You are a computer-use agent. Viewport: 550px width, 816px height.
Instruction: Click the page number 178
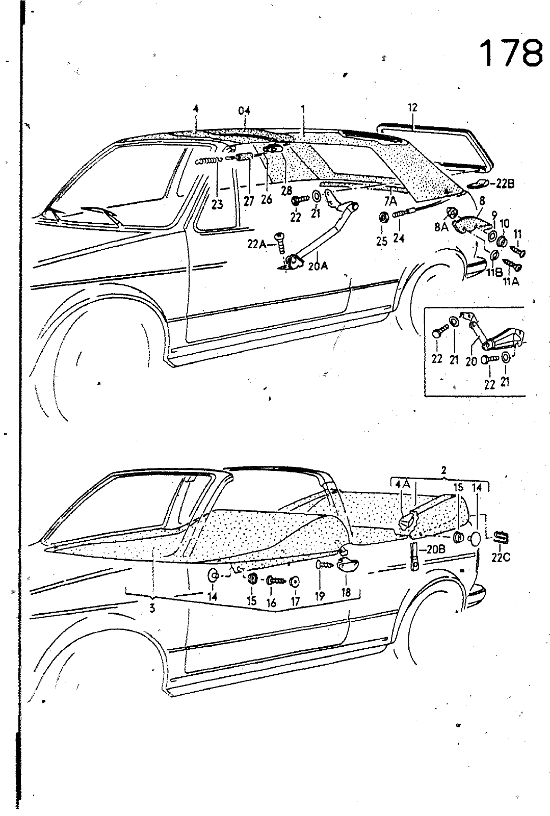511,52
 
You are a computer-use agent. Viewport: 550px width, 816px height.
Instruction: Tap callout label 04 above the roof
245,109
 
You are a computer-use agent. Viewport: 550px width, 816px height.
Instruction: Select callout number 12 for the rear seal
412,108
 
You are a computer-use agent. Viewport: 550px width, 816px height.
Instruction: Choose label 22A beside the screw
256,245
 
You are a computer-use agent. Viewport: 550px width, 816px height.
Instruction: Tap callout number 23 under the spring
217,204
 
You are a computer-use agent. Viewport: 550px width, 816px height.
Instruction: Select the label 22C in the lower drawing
501,557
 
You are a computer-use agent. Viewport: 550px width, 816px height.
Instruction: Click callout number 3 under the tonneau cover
152,608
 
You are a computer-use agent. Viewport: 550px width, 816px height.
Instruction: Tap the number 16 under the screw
271,603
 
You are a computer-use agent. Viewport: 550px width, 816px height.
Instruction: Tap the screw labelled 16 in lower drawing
273,581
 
